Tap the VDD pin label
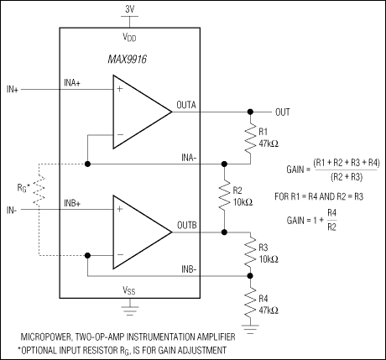(x=130, y=37)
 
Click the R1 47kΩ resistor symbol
(x=250, y=138)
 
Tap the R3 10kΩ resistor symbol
(x=250, y=253)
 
